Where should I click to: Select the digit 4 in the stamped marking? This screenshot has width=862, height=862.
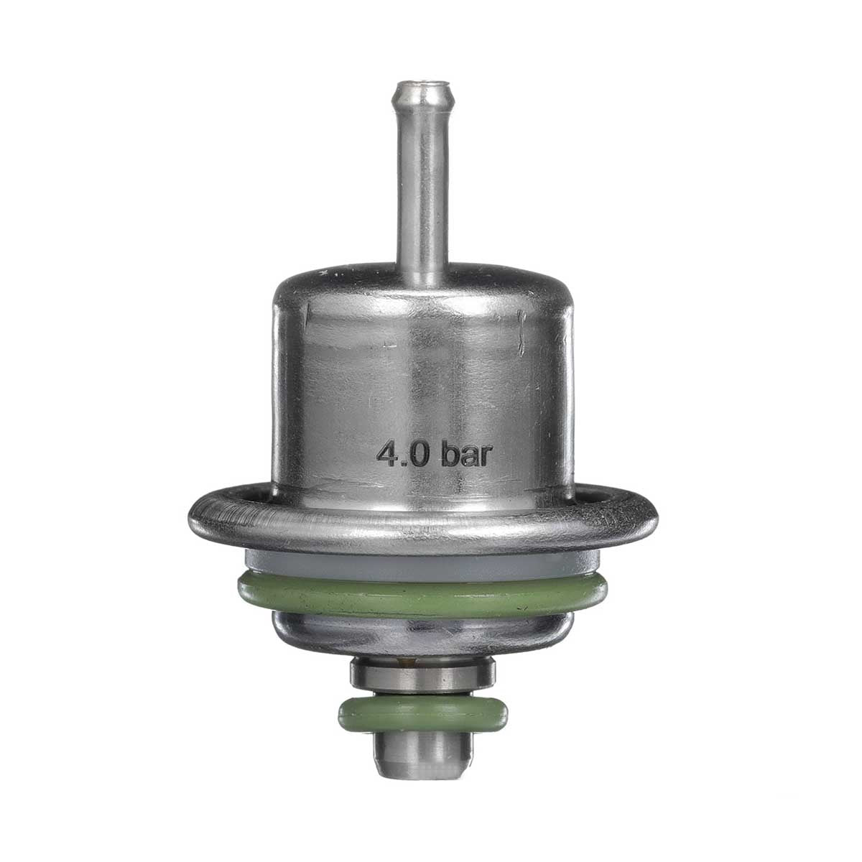(x=389, y=454)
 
